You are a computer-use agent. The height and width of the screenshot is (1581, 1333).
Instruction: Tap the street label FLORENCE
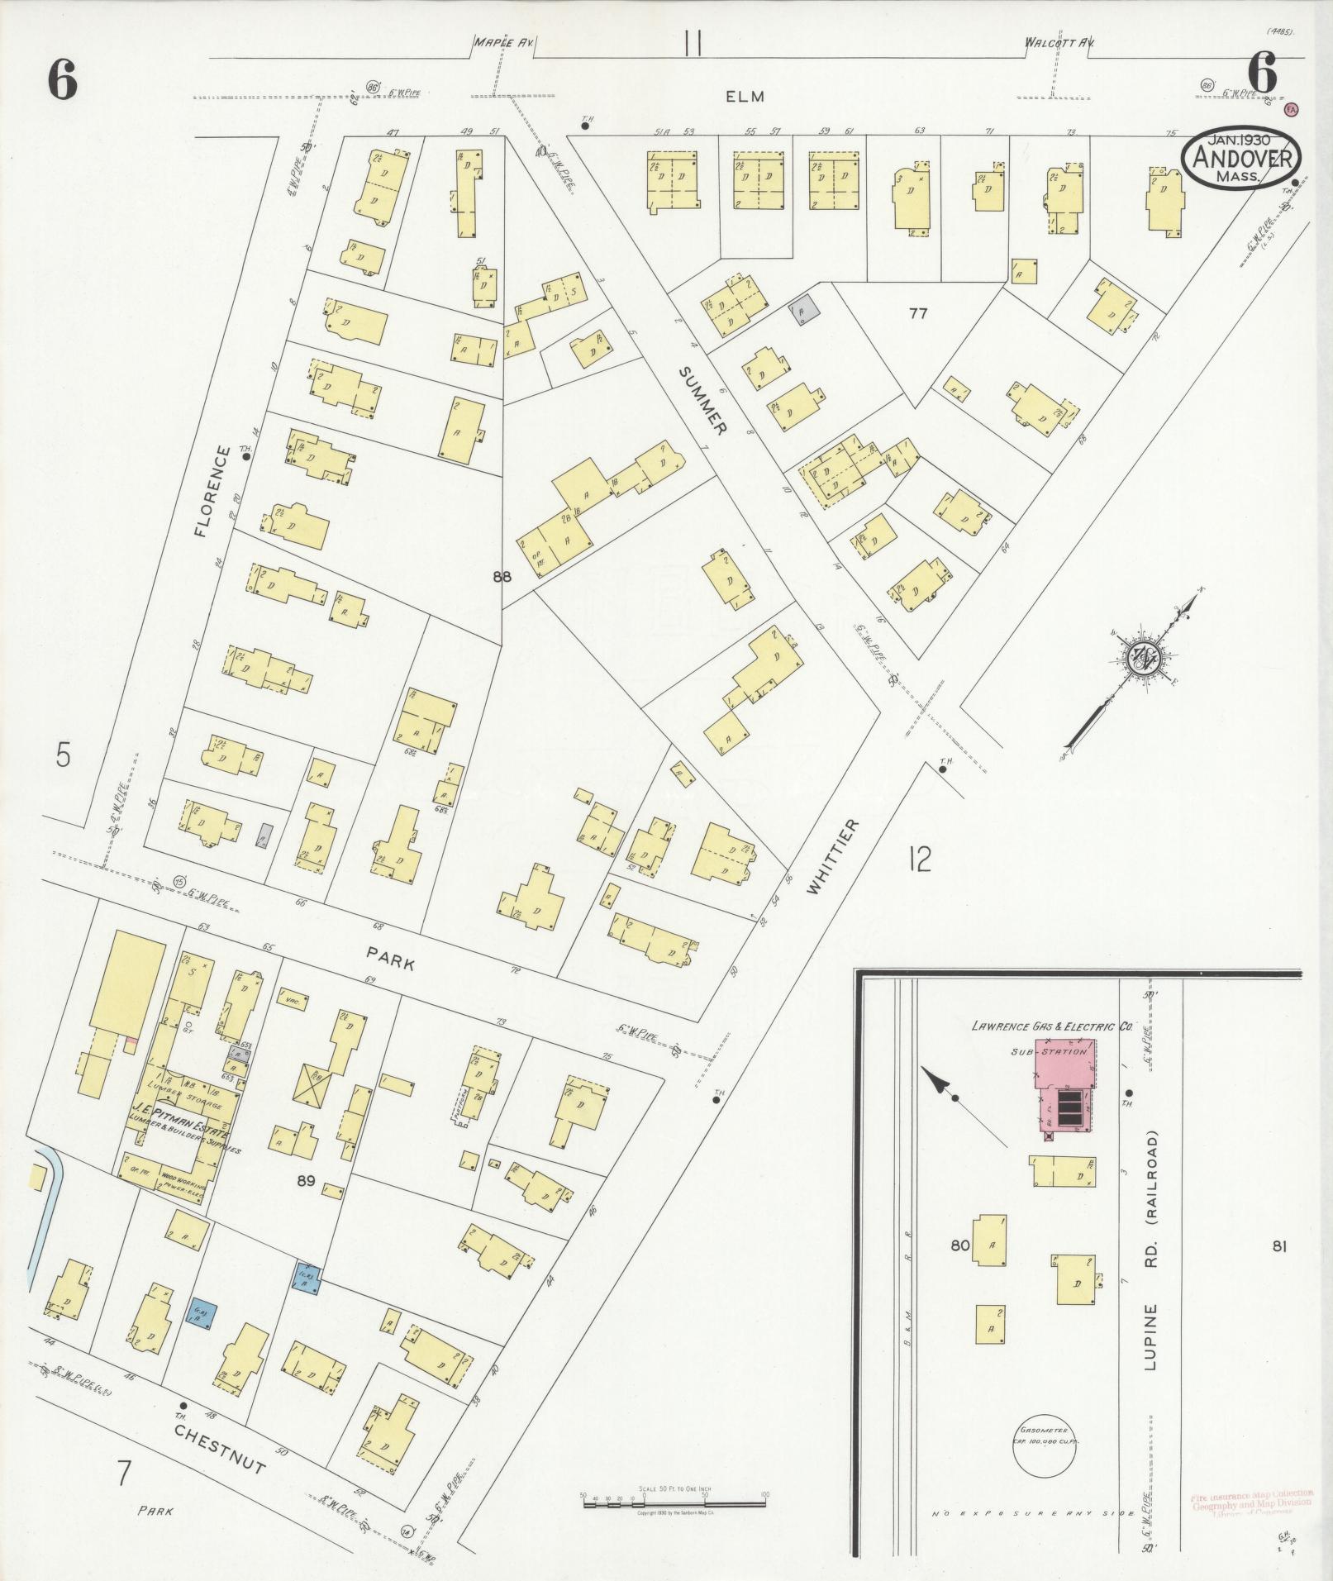click(212, 492)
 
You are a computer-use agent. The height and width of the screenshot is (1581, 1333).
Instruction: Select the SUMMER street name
click(702, 401)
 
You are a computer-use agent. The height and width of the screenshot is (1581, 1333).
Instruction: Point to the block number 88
click(502, 577)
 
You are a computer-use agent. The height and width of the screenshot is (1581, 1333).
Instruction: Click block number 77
click(918, 313)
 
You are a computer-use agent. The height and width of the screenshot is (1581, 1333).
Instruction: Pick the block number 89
click(306, 1204)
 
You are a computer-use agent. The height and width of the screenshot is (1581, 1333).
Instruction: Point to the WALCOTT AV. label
click(1054, 41)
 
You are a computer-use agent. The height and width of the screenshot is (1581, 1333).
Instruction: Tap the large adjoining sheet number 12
click(918, 860)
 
